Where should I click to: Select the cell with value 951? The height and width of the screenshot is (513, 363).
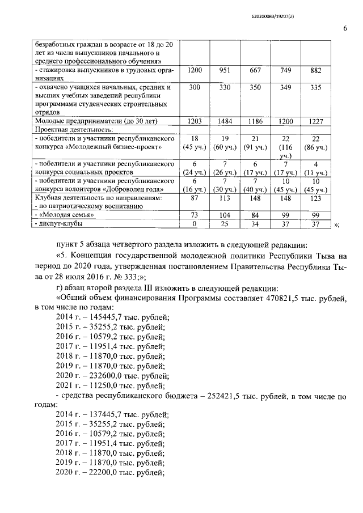226,71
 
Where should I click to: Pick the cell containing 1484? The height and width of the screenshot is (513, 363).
226,121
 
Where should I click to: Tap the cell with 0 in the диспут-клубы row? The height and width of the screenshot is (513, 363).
195,225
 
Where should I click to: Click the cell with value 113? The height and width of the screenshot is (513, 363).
226,198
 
